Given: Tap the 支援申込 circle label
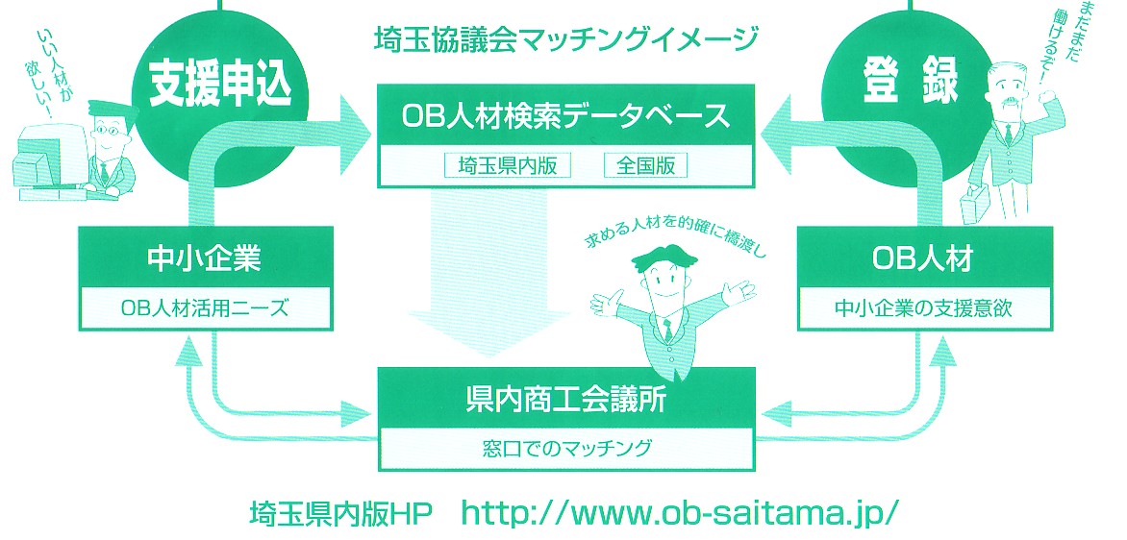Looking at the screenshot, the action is click(x=221, y=86).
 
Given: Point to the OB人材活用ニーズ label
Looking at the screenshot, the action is click(x=206, y=308).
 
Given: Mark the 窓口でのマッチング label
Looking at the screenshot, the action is click(x=566, y=449).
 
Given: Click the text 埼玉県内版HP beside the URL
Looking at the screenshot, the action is click(x=340, y=514).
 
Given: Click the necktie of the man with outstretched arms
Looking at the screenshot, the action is click(x=667, y=331).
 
